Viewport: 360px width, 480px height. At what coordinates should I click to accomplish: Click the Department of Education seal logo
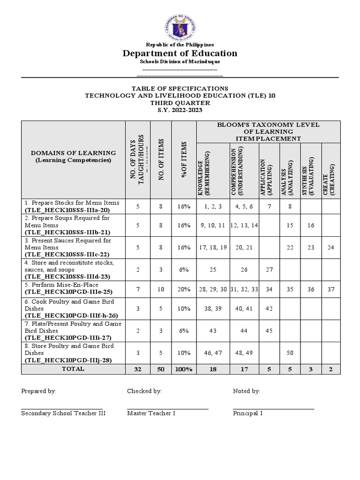[180, 27]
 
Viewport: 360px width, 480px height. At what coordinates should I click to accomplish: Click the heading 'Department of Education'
[180, 53]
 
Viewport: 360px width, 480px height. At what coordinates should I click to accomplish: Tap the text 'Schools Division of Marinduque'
[180, 62]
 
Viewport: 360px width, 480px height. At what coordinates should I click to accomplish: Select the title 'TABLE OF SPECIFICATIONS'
[180, 89]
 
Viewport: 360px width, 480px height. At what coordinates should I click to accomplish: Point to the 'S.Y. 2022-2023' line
[180, 110]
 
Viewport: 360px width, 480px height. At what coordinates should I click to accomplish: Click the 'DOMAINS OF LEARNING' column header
[73, 153]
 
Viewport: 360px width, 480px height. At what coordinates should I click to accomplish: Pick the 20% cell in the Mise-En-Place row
[184, 289]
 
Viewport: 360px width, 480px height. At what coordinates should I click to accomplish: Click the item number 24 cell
[331, 247]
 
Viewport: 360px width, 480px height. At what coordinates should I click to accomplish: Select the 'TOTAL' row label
[73, 369]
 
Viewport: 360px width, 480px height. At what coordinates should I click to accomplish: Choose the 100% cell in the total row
[184, 369]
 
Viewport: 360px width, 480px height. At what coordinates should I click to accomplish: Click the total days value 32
[137, 369]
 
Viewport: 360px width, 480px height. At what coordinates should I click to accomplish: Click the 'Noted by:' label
[247, 391]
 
